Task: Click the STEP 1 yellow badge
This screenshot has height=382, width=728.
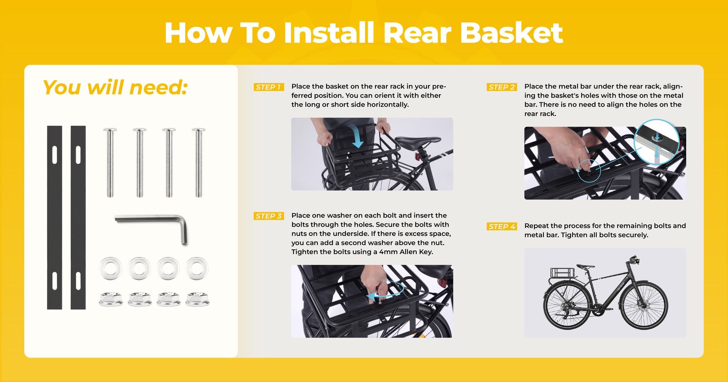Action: coord(269,87)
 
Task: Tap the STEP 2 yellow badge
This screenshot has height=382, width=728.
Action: coord(502,87)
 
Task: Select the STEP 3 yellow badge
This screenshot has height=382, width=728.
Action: coord(269,216)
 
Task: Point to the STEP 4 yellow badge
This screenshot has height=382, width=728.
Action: coord(502,226)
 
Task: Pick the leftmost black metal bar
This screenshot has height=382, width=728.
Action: coord(54,217)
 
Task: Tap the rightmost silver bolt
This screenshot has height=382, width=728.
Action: coord(198,162)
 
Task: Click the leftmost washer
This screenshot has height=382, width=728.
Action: coord(111,268)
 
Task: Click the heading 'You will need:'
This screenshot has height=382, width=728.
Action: coord(115,87)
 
